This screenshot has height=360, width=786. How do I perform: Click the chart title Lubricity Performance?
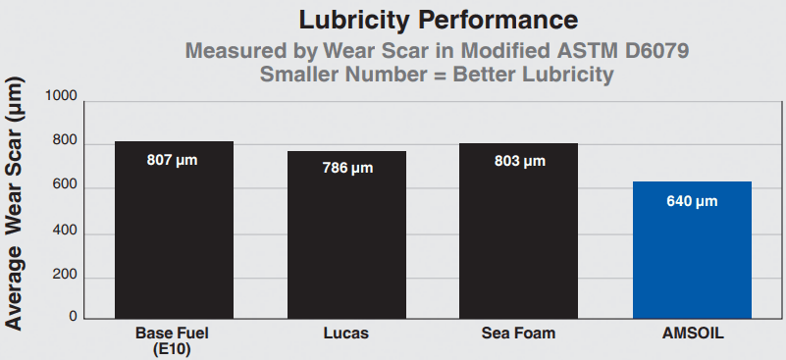coord(432,19)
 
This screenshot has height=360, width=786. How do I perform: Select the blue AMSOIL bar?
coord(692,250)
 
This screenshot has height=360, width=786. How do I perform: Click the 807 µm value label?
coord(173,159)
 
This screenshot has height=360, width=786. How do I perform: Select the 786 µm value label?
coord(346,167)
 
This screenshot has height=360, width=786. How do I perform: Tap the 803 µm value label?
coord(519,160)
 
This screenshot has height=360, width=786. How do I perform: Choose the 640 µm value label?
coord(692,202)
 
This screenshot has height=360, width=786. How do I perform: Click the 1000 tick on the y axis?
coord(59,96)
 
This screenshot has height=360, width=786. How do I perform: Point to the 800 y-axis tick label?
coord(63,142)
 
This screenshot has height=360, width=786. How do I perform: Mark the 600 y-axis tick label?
coord(63,188)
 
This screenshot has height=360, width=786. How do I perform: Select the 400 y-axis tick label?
coord(63,233)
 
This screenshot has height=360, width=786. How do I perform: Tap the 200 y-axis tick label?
coord(63,279)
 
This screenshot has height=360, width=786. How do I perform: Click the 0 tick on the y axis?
coord(72,318)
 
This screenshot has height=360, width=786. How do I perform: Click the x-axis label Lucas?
coord(346,334)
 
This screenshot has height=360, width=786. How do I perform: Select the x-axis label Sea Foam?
coord(519,334)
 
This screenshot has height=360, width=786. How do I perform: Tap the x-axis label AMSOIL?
coord(692,334)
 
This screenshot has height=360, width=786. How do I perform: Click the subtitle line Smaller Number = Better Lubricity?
coord(432,75)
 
